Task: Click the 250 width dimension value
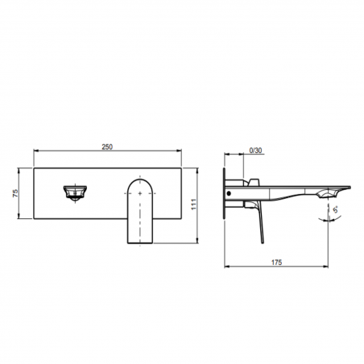(106, 147)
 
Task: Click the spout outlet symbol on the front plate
(74, 192)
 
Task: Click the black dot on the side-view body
(234, 193)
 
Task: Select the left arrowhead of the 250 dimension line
(35, 153)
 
